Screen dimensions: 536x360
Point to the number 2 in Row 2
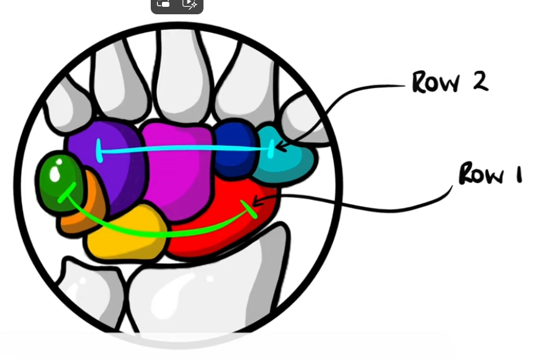pos(479,81)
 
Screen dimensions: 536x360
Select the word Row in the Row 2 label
pos(437,82)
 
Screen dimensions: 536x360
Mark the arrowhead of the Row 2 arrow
pos(278,148)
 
